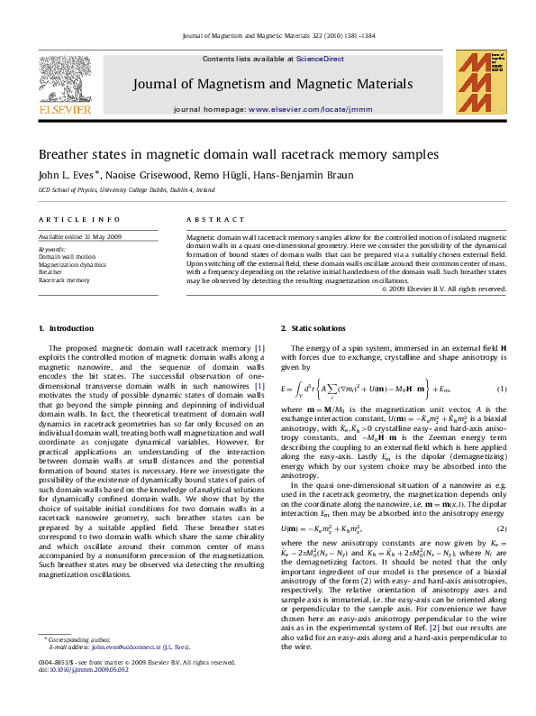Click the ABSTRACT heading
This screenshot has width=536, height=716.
click(x=215, y=219)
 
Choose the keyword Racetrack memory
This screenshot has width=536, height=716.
click(x=64, y=280)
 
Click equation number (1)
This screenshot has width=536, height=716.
click(x=503, y=389)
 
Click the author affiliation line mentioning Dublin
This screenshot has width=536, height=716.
click(x=126, y=191)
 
